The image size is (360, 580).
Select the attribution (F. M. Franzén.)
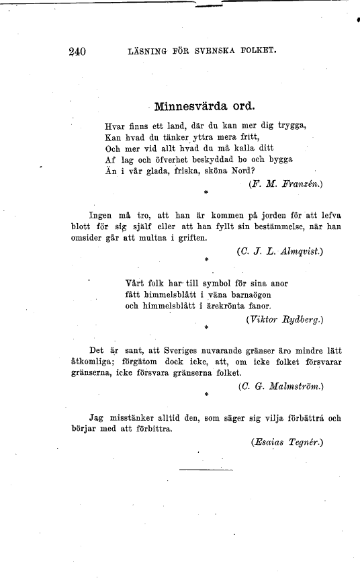(x=285, y=183)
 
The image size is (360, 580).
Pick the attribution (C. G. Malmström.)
(x=281, y=386)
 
